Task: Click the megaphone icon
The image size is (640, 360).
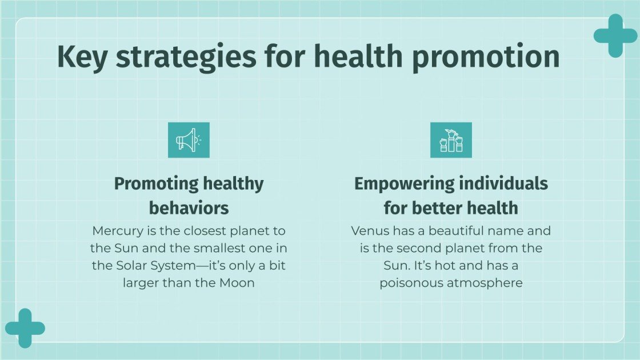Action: tap(189, 140)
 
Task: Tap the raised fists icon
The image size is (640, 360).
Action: tap(450, 140)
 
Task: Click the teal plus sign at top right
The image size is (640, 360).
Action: tap(615, 35)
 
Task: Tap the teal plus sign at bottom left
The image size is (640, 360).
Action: tap(25, 328)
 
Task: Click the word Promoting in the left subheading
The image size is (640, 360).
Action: tap(155, 184)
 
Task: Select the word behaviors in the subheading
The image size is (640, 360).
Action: tap(189, 207)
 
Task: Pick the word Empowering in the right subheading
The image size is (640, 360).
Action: tap(402, 184)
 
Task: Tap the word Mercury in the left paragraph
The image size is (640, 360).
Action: tap(117, 231)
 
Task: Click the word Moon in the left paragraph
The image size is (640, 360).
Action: tap(236, 283)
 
